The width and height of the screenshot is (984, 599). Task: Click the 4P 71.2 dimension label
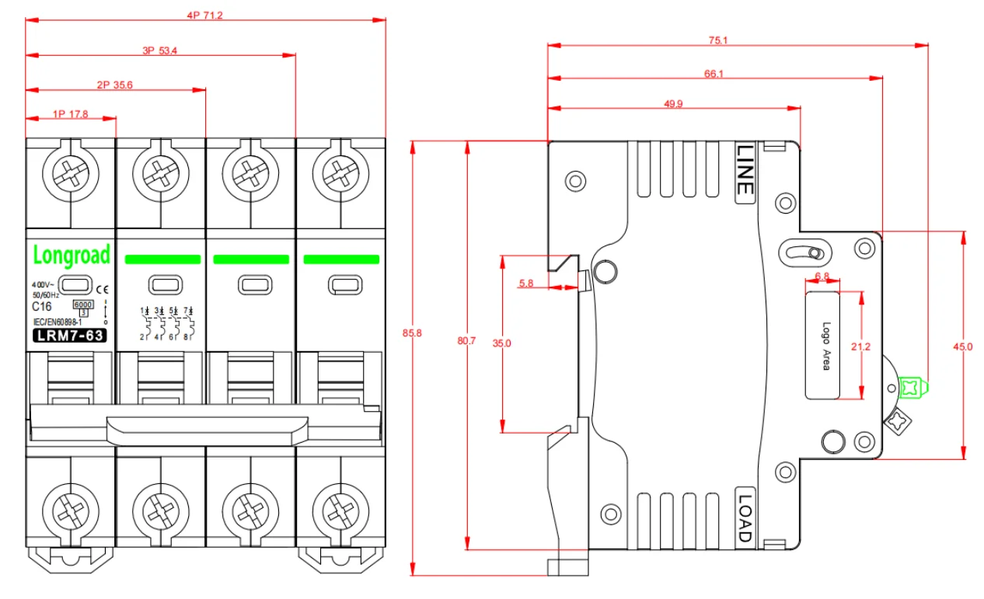click(205, 16)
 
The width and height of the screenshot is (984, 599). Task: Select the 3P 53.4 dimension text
click(161, 50)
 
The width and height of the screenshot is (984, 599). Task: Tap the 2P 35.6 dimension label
click(115, 85)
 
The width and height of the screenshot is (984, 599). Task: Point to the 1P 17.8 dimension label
click(71, 113)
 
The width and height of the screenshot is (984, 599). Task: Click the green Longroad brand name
click(71, 254)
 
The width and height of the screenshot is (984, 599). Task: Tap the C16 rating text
click(41, 306)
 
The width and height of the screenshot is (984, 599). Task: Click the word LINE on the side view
click(745, 169)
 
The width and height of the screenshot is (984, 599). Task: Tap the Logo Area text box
click(824, 345)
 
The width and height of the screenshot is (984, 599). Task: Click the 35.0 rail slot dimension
click(507, 343)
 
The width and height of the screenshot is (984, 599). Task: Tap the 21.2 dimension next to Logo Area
click(860, 347)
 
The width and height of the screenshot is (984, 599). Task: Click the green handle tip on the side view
click(912, 385)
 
